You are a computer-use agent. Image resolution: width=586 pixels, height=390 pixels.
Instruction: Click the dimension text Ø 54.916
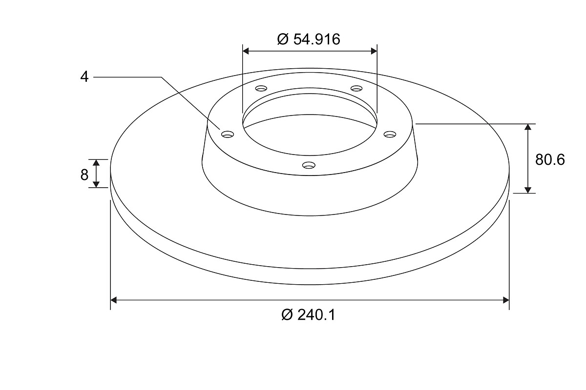coord(309,39)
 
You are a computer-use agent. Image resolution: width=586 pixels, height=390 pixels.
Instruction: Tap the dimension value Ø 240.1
coord(308,315)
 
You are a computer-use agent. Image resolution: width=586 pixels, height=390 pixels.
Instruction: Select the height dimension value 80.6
coord(550,159)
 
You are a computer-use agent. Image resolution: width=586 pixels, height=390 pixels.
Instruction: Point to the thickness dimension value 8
coord(84,175)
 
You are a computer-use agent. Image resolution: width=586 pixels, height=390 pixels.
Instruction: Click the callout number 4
coord(84,77)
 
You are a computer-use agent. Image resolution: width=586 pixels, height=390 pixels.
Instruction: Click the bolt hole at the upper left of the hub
coord(261,88)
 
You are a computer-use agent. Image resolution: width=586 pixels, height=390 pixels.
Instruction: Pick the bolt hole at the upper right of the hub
coord(356,88)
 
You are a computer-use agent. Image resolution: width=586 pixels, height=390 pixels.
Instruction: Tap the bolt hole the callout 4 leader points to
coord(228,134)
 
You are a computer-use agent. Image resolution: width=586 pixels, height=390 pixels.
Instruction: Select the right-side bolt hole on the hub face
coord(390,134)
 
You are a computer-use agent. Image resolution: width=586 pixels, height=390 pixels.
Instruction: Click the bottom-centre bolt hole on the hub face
coord(309,165)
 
